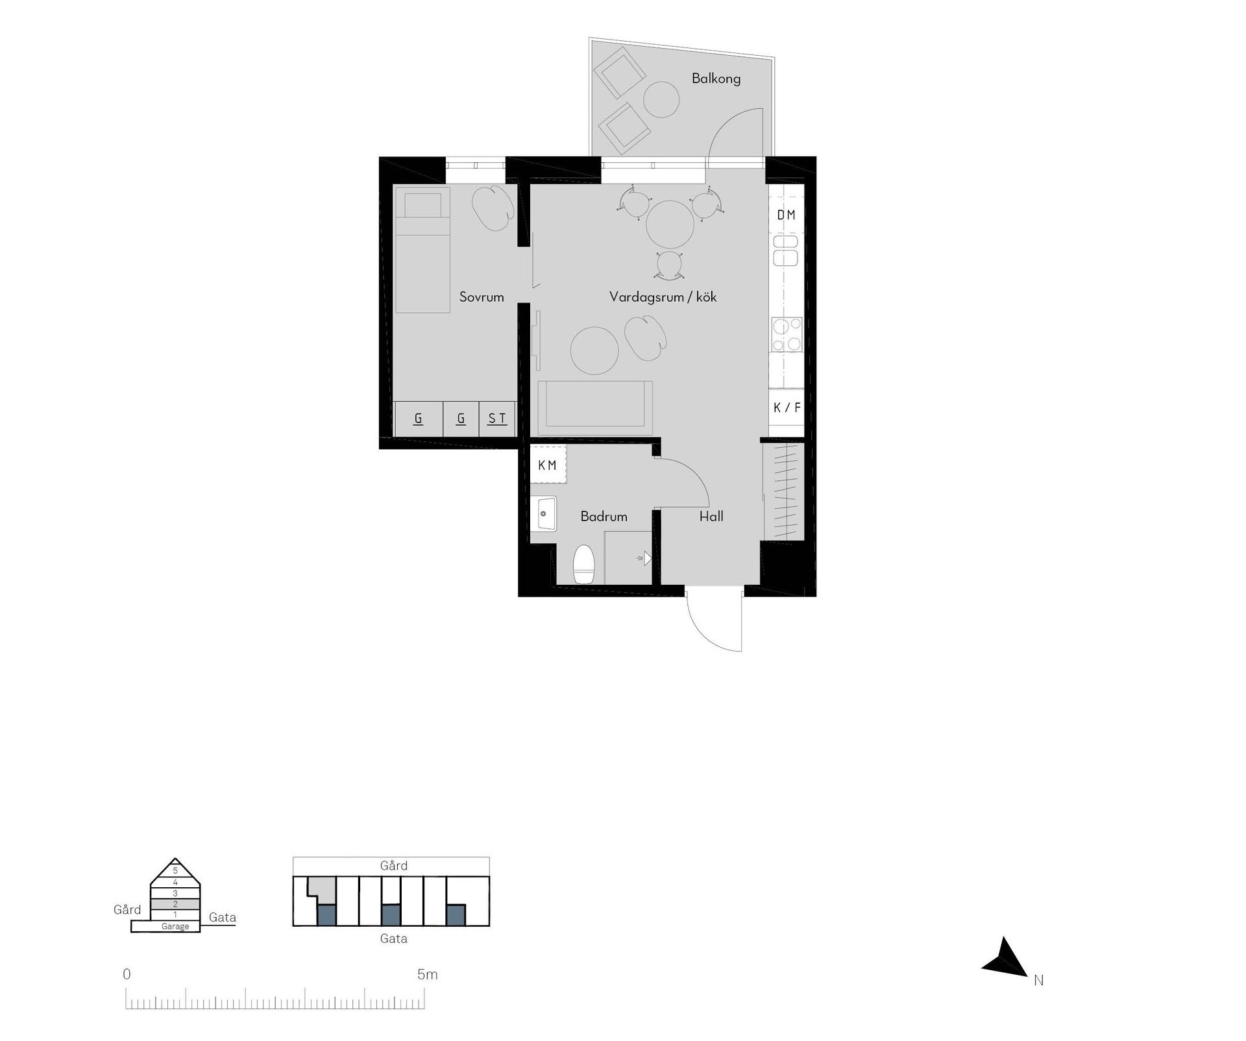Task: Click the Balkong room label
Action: pyautogui.click(x=716, y=79)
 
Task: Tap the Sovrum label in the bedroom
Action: pyautogui.click(x=482, y=297)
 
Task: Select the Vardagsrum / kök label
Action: pyautogui.click(x=663, y=297)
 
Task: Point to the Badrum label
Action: pyautogui.click(x=604, y=517)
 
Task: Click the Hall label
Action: pyautogui.click(x=711, y=517)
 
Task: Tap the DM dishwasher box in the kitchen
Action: pyautogui.click(x=787, y=214)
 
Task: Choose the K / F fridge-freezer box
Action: pyautogui.click(x=787, y=408)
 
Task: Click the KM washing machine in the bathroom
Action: pyautogui.click(x=548, y=464)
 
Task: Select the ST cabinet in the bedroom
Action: pyautogui.click(x=497, y=419)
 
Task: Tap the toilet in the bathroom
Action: pyautogui.click(x=584, y=564)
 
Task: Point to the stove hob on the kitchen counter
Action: pyautogui.click(x=787, y=334)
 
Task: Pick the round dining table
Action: pyautogui.click(x=670, y=225)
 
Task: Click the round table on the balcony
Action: pyautogui.click(x=661, y=99)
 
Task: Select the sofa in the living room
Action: pyautogui.click(x=594, y=408)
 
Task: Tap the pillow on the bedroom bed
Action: pyautogui.click(x=423, y=205)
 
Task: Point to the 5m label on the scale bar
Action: pyautogui.click(x=428, y=974)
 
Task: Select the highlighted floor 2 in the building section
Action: pyautogui.click(x=175, y=904)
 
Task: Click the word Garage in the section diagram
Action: pyautogui.click(x=175, y=926)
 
